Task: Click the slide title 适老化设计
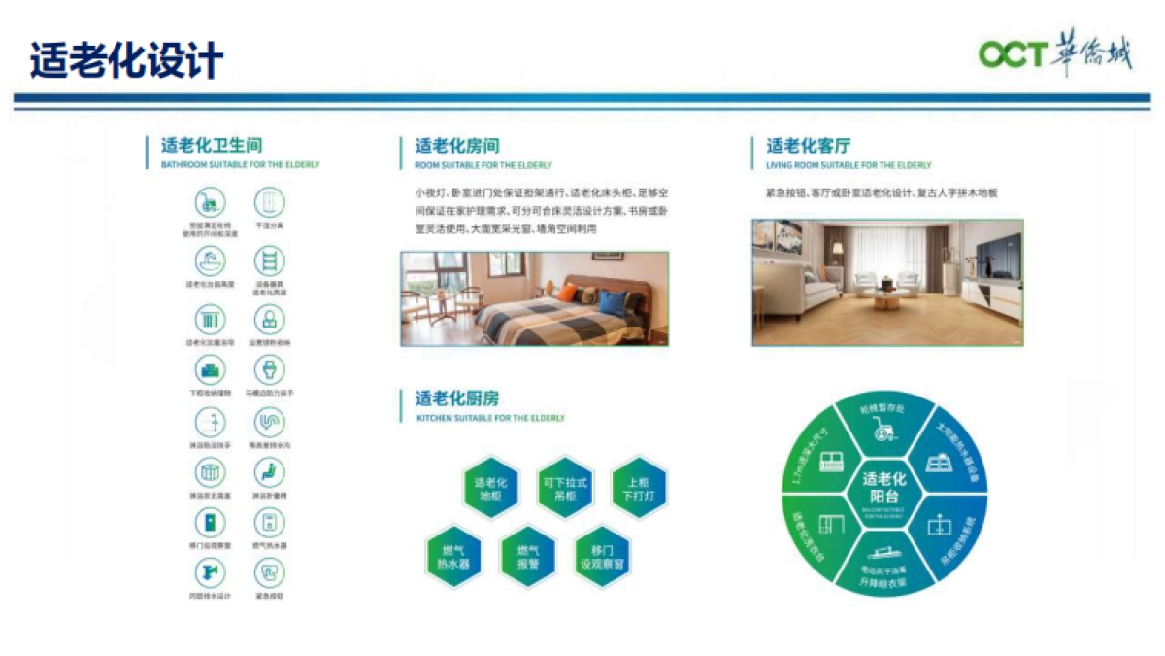[x=126, y=60]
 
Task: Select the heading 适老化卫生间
[x=212, y=146]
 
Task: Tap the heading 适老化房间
[x=457, y=146]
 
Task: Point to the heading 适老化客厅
[x=809, y=146]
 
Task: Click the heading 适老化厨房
[x=457, y=398]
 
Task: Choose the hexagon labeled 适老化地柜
[x=490, y=489]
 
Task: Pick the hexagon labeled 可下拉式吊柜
[x=565, y=489]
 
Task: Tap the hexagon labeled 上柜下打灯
[x=640, y=489]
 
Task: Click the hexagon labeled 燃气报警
[x=527, y=556]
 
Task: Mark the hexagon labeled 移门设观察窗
[x=602, y=556]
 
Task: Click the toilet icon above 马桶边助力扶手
[x=268, y=368]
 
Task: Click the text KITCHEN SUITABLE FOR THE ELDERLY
[x=490, y=418]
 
